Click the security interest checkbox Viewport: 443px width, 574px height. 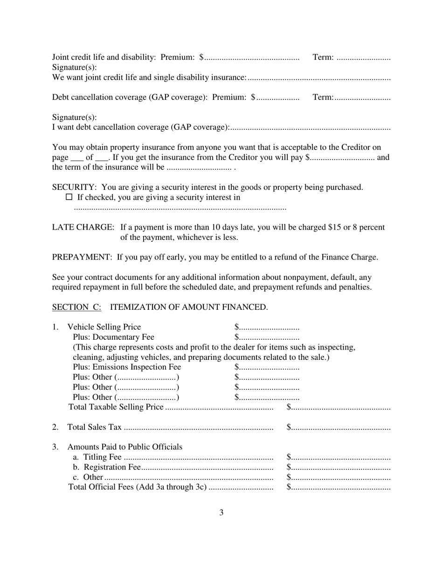tap(69, 197)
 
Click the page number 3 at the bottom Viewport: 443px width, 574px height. tap(221, 512)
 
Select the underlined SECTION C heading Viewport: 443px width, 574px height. tap(76, 307)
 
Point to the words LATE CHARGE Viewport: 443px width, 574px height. tap(83, 227)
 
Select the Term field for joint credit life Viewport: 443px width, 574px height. tap(363, 58)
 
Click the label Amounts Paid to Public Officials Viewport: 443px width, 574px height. tap(125, 447)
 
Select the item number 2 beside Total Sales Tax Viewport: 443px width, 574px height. tap(55, 427)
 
